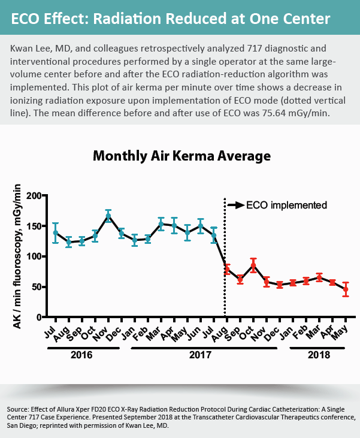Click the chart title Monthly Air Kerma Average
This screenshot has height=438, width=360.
point(181,156)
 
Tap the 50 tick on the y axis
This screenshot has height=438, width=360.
point(37,287)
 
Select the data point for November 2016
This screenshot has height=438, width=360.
point(108,216)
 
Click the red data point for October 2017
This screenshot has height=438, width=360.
point(253,265)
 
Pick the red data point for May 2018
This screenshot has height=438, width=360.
point(344,289)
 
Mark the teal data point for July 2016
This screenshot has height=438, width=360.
point(56,232)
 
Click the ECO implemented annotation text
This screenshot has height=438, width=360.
point(287,205)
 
